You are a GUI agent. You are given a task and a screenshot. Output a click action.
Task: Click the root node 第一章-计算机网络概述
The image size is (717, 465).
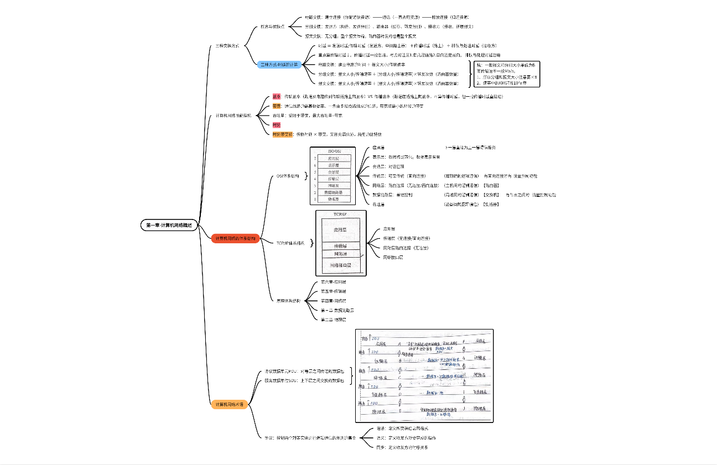(169, 225)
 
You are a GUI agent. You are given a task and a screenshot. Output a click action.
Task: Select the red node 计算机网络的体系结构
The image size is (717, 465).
(236, 238)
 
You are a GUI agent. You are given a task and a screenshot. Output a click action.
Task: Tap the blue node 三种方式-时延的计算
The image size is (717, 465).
(279, 64)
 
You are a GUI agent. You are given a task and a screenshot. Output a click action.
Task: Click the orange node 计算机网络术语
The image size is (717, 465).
(229, 405)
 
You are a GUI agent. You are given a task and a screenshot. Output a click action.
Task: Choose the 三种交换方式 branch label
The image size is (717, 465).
(227, 45)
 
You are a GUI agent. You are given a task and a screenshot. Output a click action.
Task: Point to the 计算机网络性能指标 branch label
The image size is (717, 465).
(233, 116)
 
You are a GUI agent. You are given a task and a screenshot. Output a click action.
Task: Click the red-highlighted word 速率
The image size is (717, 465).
(277, 96)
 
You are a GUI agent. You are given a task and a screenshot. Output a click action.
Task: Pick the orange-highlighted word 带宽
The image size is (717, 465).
(277, 106)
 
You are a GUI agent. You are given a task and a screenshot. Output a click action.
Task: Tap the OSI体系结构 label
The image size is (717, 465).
(288, 176)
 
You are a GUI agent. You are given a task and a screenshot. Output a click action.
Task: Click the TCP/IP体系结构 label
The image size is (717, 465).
(290, 242)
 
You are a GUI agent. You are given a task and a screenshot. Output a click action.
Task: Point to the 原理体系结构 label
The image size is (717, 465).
(289, 301)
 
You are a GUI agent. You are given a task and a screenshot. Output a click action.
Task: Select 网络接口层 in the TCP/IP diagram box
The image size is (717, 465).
(340, 265)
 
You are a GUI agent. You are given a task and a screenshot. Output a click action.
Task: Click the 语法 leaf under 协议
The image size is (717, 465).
(381, 428)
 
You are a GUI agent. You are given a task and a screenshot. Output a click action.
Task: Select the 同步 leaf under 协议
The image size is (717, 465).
(381, 447)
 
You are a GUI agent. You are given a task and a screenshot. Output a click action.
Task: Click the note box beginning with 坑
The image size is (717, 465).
(508, 74)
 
